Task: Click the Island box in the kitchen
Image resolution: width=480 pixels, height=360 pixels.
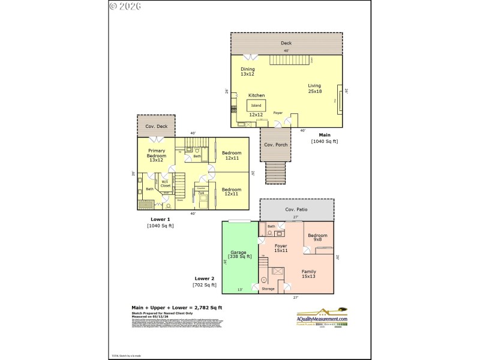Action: pos(256,105)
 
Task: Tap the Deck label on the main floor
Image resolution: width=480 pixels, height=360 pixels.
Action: pos(286,43)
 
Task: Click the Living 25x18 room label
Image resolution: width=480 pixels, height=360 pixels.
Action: pos(314,88)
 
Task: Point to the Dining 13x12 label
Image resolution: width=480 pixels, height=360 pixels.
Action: pos(248,71)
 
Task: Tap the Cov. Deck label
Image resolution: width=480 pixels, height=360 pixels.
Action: pos(156,127)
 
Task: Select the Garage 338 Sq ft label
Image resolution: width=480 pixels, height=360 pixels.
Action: pos(239,254)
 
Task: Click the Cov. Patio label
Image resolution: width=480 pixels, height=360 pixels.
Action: pos(296,209)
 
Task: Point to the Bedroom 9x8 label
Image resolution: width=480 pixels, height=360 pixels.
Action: pos(317,238)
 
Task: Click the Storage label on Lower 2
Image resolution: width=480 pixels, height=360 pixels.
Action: pos(268,289)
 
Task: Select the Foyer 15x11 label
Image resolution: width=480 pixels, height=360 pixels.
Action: pos(281,248)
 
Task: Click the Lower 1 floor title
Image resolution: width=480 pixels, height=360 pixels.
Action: pos(160,220)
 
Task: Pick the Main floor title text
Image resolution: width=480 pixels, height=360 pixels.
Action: pos(325,135)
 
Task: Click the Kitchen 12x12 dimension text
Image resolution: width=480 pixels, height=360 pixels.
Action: pos(256,114)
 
